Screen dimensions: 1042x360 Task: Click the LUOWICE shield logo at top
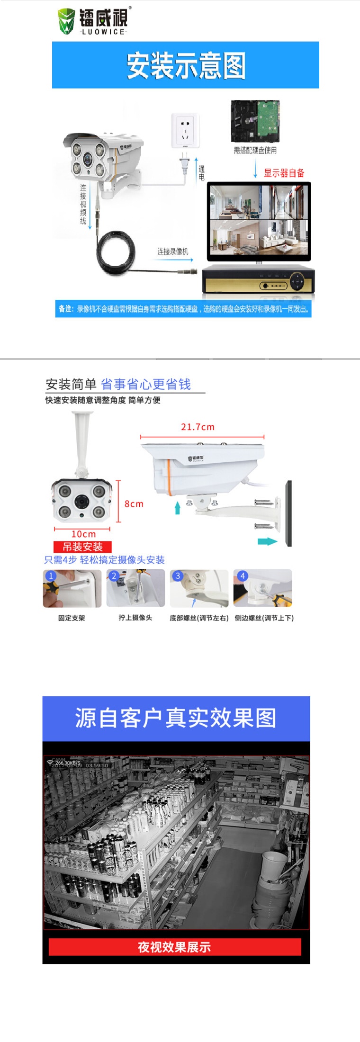coord(66,21)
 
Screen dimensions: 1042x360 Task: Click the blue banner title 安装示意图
coord(186,65)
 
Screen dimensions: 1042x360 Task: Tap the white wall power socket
coord(185,129)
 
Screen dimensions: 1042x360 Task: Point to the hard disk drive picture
coord(255,121)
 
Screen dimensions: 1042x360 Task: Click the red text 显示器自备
coord(284,173)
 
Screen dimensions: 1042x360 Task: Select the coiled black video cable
coord(116,252)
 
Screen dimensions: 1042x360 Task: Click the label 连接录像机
coord(172,252)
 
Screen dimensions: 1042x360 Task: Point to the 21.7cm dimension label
coord(198,427)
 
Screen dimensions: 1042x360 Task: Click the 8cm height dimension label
coord(134,504)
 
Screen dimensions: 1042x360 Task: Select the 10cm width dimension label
coord(83,534)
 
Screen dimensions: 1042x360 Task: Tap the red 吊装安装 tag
coord(82,547)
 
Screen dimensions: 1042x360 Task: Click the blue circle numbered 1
coord(50,576)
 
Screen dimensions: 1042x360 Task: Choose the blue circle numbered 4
coord(242,576)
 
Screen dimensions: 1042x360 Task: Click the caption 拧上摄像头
coord(135,618)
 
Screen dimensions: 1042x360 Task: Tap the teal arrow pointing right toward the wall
coord(267,541)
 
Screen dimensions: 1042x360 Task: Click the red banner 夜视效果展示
coord(174,946)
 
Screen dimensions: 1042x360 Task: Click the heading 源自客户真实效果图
coord(176,718)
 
